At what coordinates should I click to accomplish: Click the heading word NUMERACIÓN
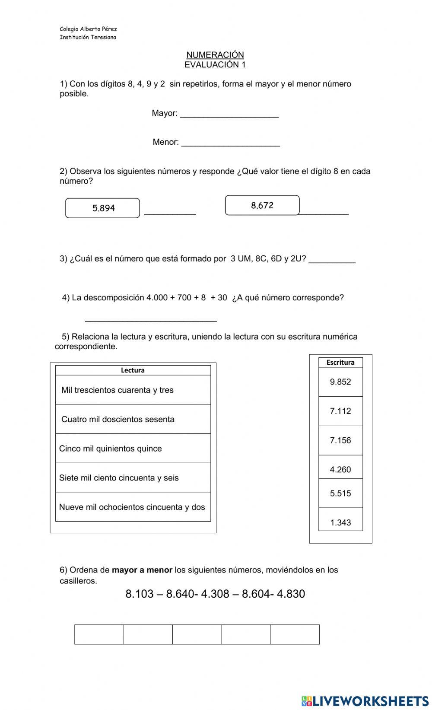click(215, 55)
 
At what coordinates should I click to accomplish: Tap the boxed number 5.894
click(103, 208)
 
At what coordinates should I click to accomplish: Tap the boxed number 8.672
click(262, 205)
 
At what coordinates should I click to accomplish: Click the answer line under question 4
click(151, 318)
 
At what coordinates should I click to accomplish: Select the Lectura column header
click(133, 370)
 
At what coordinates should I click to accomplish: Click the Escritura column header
click(340, 363)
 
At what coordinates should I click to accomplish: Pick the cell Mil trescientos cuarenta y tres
click(133, 390)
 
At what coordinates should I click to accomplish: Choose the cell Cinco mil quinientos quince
click(133, 449)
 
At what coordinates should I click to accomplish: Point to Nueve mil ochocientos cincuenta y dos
click(133, 507)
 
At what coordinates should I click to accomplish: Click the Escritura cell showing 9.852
click(340, 382)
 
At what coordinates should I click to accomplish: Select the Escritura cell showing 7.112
click(340, 411)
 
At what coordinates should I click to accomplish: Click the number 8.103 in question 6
click(140, 594)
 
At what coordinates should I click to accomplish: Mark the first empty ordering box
click(99, 634)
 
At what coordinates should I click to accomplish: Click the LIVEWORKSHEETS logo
click(365, 700)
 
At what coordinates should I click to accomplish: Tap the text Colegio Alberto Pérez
click(88, 29)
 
